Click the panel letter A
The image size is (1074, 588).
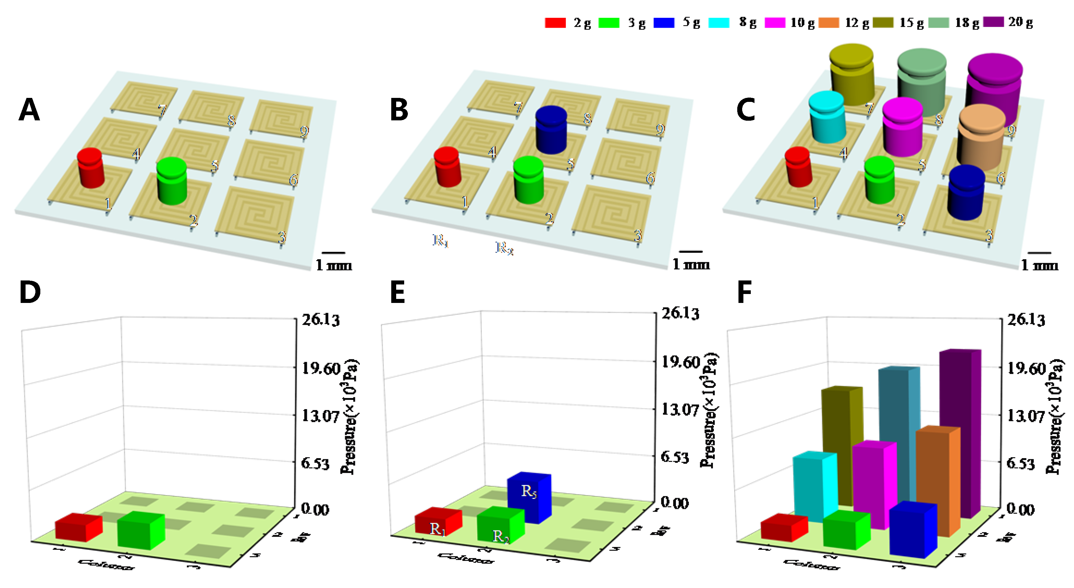click(29, 110)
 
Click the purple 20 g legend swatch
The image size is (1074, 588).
click(994, 22)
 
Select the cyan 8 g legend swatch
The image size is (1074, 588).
click(719, 22)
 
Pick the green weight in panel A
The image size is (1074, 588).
click(172, 181)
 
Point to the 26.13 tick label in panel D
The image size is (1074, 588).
click(321, 320)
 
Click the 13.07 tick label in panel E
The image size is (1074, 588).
click(680, 409)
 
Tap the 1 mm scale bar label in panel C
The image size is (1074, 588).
click(1039, 265)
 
